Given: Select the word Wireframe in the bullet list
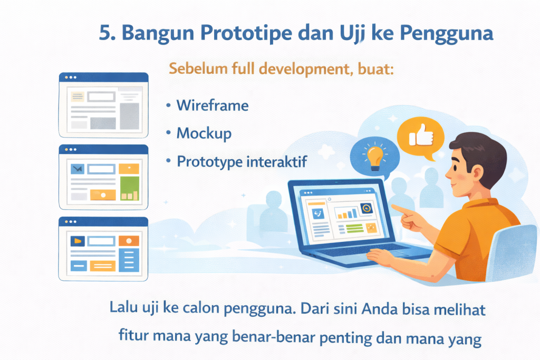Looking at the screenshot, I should (213, 105).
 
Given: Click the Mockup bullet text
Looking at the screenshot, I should (204, 133).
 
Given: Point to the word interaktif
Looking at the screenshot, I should (277, 162).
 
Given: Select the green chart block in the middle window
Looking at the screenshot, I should (129, 188).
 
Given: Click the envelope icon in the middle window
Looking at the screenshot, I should (78, 169).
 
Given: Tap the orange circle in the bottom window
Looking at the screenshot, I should (129, 241).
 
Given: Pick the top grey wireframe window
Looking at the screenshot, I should (103, 104).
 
